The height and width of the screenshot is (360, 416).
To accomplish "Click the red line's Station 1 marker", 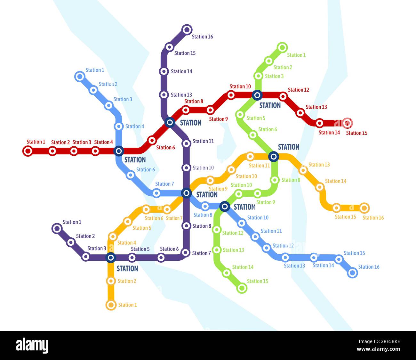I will tap(28, 151).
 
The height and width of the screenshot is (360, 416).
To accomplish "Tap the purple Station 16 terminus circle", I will tap(187, 29).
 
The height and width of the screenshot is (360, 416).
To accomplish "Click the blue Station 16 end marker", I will tap(352, 273).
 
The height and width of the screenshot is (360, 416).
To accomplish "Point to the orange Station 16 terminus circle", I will tap(364, 208).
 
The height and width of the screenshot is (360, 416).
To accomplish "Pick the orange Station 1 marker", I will tap(111, 305).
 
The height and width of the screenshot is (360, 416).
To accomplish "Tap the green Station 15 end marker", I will tap(242, 288).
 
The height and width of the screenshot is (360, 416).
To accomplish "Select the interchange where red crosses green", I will tap(257, 95).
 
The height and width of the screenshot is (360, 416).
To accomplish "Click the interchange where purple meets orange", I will tap(110, 258).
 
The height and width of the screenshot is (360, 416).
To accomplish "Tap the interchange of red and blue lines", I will tap(119, 151).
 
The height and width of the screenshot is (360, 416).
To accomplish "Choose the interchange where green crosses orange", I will tap(274, 156).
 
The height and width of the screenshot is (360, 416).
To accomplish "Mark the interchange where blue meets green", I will tap(225, 207).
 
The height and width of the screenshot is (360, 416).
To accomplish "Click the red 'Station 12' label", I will tap(298, 90).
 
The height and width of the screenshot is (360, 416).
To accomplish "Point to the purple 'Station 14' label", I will tap(181, 71).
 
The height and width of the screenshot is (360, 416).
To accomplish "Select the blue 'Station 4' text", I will tap(134, 126).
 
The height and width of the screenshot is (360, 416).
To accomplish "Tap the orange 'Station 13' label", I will tap(319, 165).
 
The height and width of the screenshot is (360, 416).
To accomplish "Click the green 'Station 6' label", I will tap(268, 129).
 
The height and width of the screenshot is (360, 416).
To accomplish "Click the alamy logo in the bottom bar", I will tap(32, 346).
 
